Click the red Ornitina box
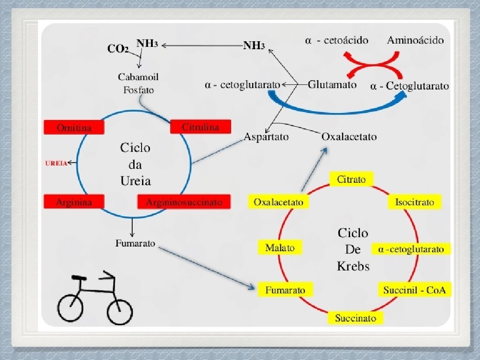click(x=74, y=127)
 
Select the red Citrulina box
click(x=201, y=127)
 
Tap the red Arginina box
click(x=74, y=202)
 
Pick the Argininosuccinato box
click(x=184, y=202)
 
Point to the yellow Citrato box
click(x=351, y=179)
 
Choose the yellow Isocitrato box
click(x=414, y=202)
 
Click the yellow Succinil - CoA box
click(x=414, y=290)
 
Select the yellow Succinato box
click(x=355, y=318)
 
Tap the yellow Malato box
click(x=280, y=247)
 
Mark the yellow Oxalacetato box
click(x=278, y=202)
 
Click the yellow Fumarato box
click(x=285, y=290)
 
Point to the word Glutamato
click(x=332, y=85)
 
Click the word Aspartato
click(x=266, y=137)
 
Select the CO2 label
click(x=118, y=49)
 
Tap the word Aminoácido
click(x=415, y=40)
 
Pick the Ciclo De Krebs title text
click(x=353, y=249)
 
